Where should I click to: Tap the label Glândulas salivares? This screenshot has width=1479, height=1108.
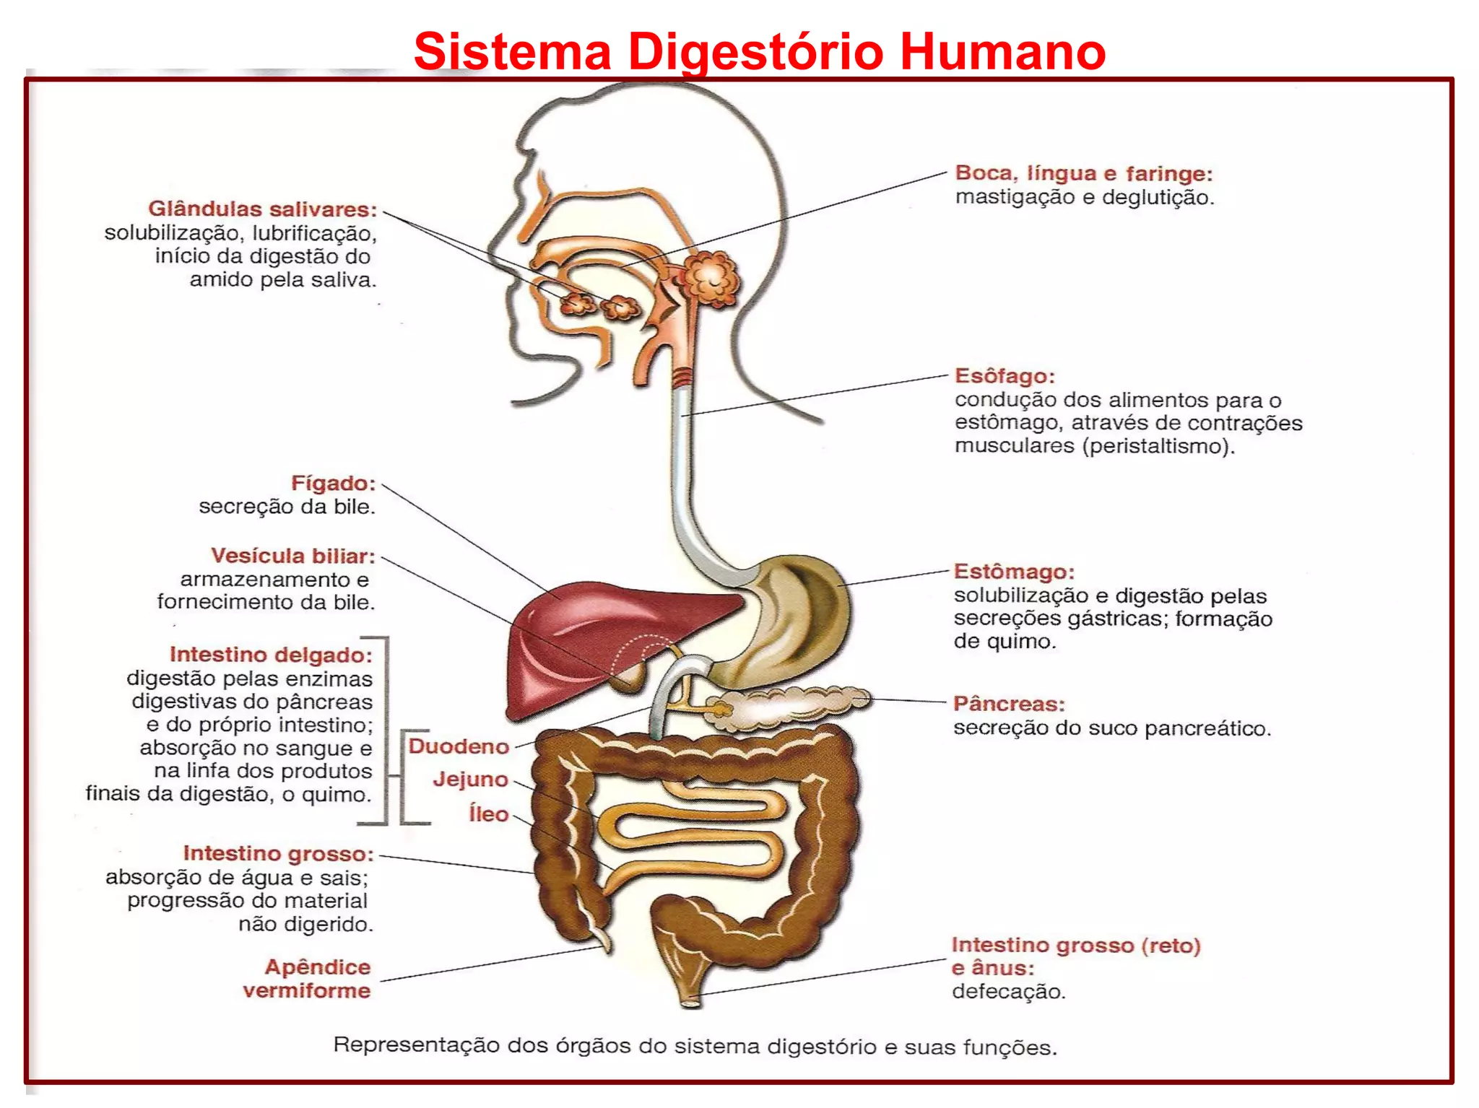pos(263,209)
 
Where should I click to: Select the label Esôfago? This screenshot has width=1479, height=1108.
pos(1005,376)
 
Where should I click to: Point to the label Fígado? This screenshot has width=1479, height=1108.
pos(333,483)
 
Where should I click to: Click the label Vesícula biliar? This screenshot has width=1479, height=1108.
pos(293,556)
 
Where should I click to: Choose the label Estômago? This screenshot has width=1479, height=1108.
pos(1014,572)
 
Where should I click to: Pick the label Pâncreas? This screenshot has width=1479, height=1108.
pos(1009,704)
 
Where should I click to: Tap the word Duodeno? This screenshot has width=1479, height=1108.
pos(459,746)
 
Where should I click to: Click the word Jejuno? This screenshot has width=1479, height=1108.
pos(471,780)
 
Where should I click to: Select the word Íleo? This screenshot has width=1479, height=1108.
pos(489,813)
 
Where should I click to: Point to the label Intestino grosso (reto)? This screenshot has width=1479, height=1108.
pos(1076,946)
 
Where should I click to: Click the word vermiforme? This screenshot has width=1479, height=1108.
pos(307,990)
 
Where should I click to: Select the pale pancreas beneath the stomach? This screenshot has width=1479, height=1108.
pos(794,704)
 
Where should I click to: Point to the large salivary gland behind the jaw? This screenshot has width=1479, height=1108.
pos(712,278)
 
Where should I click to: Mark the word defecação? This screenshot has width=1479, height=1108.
pos(1008,991)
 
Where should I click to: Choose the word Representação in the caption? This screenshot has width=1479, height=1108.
pos(416,1045)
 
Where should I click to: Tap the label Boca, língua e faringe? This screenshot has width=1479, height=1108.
pos(1084,174)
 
